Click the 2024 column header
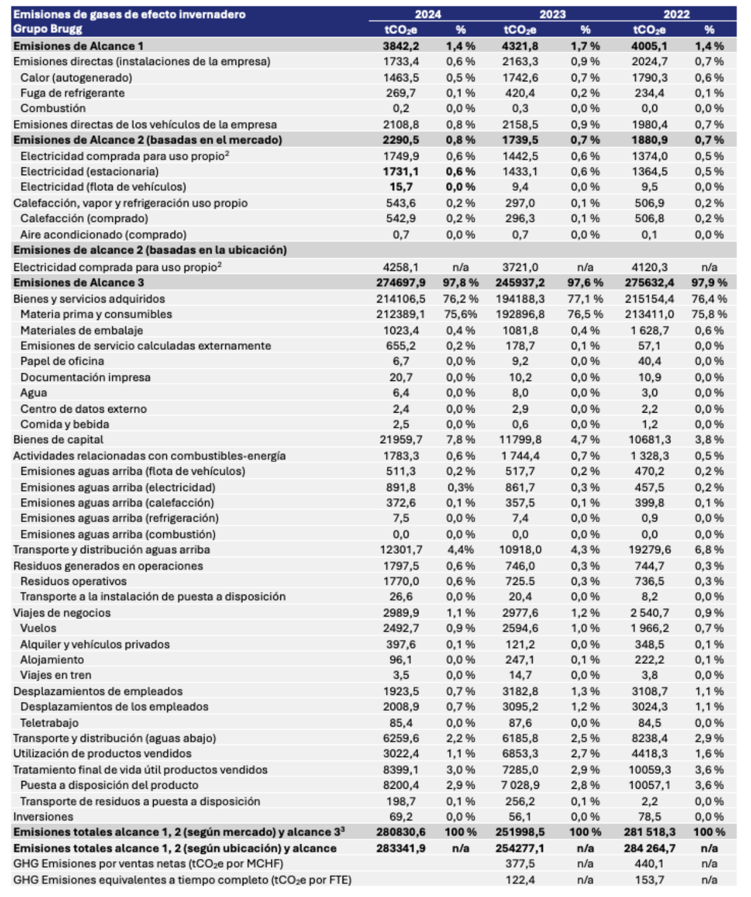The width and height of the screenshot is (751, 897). [428, 14]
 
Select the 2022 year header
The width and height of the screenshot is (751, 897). [676, 14]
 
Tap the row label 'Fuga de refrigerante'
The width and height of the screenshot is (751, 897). [72, 93]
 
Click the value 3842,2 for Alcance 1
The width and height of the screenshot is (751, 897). [401, 46]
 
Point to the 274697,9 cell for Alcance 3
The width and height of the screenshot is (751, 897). [401, 283]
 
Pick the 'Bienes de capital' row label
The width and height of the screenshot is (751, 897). [58, 440]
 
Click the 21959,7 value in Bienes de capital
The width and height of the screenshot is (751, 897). [401, 440]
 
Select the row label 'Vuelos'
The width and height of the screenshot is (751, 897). [38, 628]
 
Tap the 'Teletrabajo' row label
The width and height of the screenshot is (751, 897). [49, 722]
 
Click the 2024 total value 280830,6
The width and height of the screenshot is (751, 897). [401, 832]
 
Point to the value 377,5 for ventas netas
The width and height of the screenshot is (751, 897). [520, 864]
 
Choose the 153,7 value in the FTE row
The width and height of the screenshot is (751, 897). [649, 880]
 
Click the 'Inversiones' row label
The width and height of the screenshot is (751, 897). [43, 816]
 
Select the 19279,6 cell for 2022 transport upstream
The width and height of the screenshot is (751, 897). [649, 550]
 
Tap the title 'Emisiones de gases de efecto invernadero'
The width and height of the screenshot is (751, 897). [129, 14]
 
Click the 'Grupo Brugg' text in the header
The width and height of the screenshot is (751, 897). [48, 29]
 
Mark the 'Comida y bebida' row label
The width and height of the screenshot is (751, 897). [65, 424]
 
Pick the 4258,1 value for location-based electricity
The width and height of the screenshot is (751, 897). [401, 267]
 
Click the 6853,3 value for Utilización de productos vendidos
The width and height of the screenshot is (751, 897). [520, 753]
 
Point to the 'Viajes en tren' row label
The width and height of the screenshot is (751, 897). [56, 675]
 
